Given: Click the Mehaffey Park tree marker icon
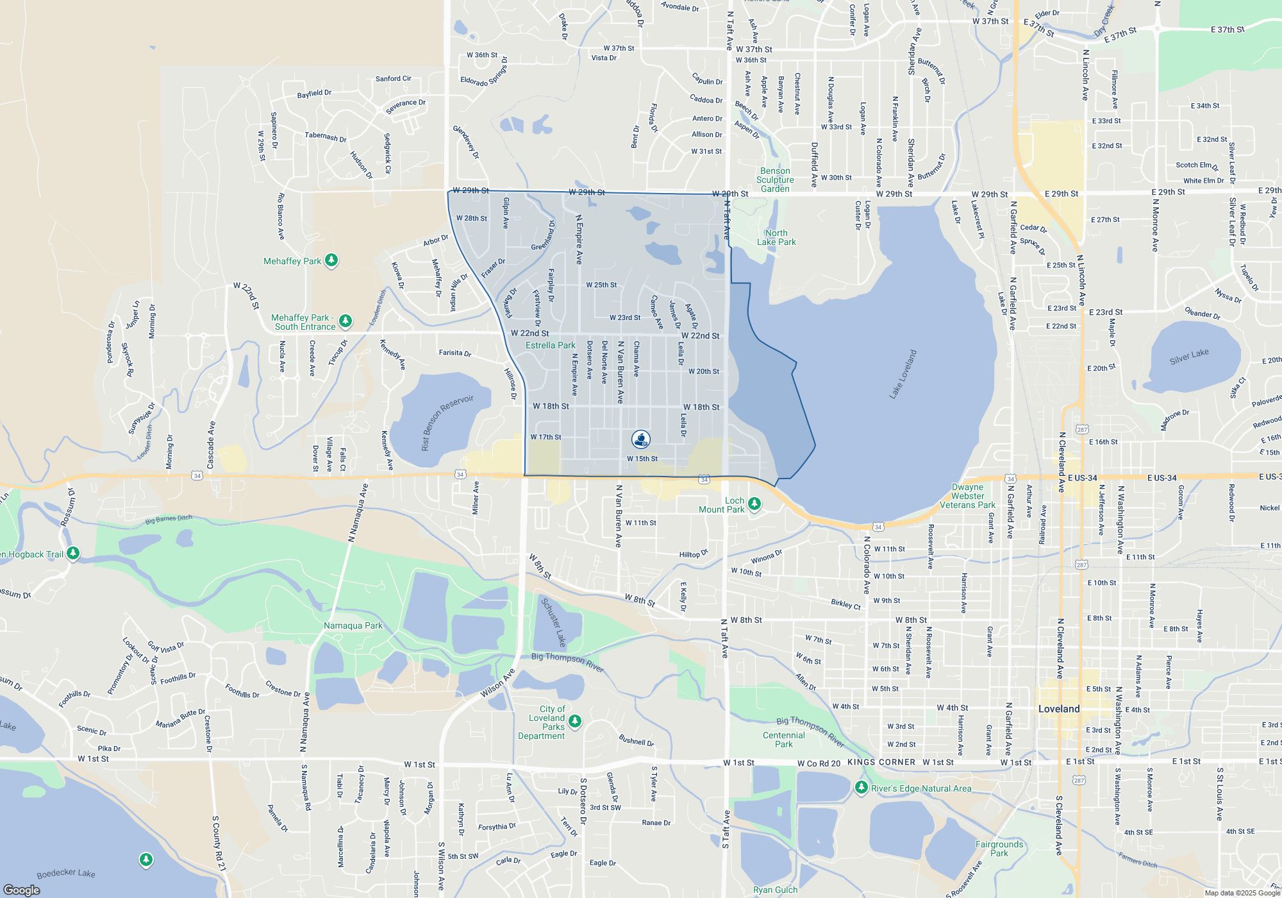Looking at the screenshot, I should click(x=331, y=260).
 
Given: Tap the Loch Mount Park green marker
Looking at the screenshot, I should click(x=754, y=504).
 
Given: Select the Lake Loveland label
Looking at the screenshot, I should click(x=903, y=375).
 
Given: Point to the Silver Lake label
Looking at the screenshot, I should click(x=1189, y=357).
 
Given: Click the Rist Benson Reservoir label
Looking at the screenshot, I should click(x=447, y=422).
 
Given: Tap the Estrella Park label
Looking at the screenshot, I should click(x=550, y=345).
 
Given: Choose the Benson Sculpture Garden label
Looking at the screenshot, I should click(x=775, y=180).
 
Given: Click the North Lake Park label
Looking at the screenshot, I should click(x=776, y=237).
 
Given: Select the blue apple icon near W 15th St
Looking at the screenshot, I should click(x=641, y=439).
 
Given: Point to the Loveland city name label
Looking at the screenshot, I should click(x=1059, y=709).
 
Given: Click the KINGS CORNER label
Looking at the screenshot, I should click(x=881, y=762).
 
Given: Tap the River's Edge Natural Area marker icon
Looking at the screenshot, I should click(x=861, y=786).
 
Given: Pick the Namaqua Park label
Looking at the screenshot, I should click(x=353, y=625).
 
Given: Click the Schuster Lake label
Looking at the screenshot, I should click(x=553, y=622).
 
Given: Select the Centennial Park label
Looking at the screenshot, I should click(x=783, y=740).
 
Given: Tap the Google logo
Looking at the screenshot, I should click(x=22, y=890).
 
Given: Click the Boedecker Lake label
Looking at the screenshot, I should click(x=66, y=873).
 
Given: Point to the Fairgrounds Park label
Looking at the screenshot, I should click(x=999, y=849).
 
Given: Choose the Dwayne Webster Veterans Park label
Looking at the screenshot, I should click(x=967, y=496).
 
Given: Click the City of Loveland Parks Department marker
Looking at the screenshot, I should click(x=575, y=720).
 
